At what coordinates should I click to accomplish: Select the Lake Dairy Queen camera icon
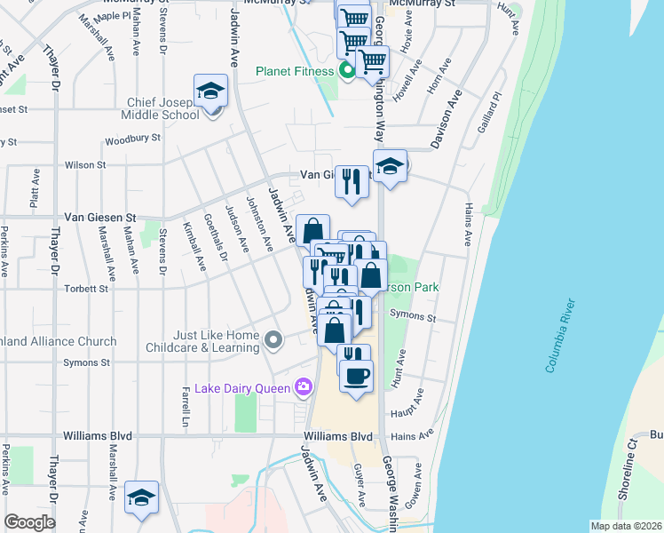click(x=304, y=386)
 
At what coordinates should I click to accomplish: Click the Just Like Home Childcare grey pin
click(x=274, y=338)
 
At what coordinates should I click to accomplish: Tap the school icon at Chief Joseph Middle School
click(x=211, y=92)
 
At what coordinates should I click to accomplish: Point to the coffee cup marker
click(x=356, y=377)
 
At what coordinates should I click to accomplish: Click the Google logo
click(x=29, y=522)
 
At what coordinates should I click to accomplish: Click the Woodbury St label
click(x=132, y=139)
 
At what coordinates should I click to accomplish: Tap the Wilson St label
click(x=85, y=164)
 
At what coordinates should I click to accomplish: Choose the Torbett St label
click(x=85, y=289)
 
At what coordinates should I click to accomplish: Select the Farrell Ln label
click(x=186, y=405)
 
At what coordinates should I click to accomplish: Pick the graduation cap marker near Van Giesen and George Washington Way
click(x=390, y=166)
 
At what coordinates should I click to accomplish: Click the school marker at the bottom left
click(x=140, y=498)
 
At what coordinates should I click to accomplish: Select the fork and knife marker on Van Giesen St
click(x=352, y=182)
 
